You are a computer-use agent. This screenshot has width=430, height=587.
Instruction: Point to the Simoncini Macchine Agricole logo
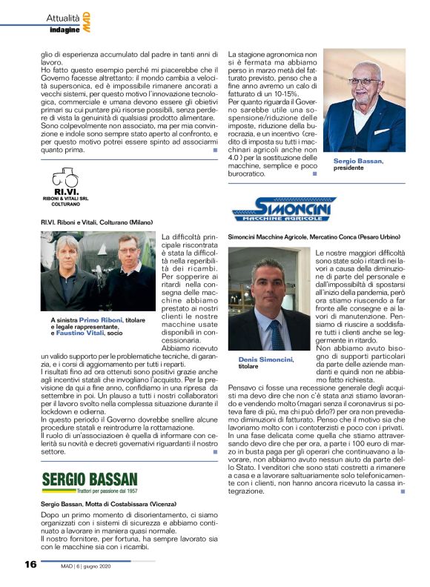pos(285,208)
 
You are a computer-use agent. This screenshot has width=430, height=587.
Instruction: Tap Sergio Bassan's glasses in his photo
pos(363,82)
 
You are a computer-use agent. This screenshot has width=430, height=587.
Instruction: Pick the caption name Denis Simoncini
pos(265,359)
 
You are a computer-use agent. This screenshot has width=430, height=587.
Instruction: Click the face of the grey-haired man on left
pos(66,253)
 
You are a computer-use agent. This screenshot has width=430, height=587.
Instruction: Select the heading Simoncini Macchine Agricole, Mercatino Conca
pos(316,236)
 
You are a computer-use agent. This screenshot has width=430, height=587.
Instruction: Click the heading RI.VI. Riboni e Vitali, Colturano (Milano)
pos(96,222)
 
